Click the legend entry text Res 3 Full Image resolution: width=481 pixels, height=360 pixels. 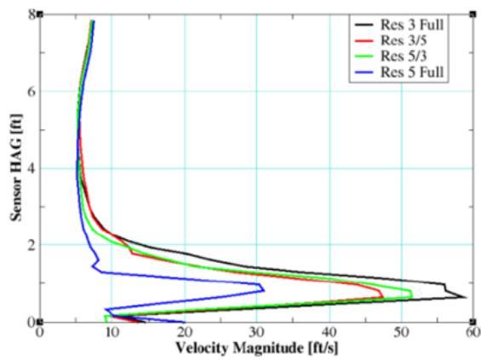pos(412,25)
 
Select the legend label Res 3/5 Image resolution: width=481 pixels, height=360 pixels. pos(404,40)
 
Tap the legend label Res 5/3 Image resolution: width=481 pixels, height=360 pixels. pos(404,56)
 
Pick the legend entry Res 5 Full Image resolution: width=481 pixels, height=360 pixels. pos(412,72)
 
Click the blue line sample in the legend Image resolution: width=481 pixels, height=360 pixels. pos(364,72)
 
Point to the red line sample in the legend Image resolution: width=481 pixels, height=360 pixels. pos(364,41)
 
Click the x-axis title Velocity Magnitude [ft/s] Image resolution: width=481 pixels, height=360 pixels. pos(257,348)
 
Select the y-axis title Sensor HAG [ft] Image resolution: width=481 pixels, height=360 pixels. pos(16,168)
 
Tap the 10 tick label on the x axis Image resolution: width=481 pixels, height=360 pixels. pos(112,333)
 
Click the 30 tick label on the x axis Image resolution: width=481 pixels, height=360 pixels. pos(256,333)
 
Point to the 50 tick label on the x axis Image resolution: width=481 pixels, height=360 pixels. pos(402,333)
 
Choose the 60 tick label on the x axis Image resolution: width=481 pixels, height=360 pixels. pos(473,333)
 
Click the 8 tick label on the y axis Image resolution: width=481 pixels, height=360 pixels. pos(31,14)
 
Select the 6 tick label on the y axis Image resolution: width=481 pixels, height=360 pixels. pos(31,91)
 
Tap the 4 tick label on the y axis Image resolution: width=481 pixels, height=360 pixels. pos(31,168)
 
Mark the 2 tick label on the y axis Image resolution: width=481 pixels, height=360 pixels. pos(31,245)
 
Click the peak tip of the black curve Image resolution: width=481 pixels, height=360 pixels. pos(467,297)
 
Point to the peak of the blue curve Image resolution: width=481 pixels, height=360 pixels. pos(265,290)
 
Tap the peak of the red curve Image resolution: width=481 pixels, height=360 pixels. pos(383,296)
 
